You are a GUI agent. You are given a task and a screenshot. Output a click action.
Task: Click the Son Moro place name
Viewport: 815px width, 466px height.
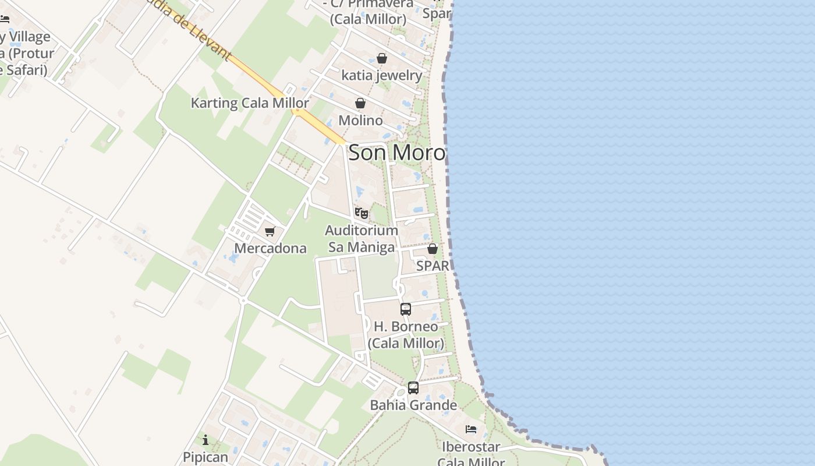point(397,153)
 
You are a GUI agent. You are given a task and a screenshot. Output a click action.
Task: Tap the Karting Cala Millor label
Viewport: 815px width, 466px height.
point(250,103)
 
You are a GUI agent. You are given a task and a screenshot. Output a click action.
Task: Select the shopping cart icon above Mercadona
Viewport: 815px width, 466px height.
point(270,232)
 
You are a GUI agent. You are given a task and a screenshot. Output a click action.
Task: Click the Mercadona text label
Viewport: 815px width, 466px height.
point(270,248)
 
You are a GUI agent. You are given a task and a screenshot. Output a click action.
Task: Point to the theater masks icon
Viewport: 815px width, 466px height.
point(361,213)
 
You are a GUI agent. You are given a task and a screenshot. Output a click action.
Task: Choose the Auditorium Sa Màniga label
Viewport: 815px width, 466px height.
point(361,239)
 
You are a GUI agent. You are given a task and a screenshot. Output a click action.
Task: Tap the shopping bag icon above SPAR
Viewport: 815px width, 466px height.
point(433,249)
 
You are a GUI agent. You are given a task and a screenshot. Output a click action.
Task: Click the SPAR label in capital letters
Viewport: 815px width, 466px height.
point(433,266)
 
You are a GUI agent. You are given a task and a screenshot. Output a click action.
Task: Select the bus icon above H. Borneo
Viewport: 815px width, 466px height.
point(406,309)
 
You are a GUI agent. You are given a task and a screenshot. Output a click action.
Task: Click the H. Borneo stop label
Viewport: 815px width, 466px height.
point(406,334)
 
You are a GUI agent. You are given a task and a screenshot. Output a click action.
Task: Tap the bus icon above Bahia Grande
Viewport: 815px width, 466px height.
point(413,387)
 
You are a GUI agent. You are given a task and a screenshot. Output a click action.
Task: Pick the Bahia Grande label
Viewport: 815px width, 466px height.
point(413,405)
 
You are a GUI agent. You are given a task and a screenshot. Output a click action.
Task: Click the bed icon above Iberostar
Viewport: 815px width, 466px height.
point(471,429)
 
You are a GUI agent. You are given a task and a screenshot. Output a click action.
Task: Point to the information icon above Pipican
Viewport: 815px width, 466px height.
point(205,440)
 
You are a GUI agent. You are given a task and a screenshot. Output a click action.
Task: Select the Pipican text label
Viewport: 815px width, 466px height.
point(205,457)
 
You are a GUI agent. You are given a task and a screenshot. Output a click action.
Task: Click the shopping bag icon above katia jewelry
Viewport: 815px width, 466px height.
point(382,58)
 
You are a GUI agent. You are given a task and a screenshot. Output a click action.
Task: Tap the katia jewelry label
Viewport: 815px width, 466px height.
point(382,75)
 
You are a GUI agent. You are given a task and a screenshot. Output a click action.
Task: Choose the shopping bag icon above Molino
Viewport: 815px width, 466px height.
point(360,104)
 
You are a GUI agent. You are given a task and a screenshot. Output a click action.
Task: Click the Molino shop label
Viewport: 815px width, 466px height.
point(360,121)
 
